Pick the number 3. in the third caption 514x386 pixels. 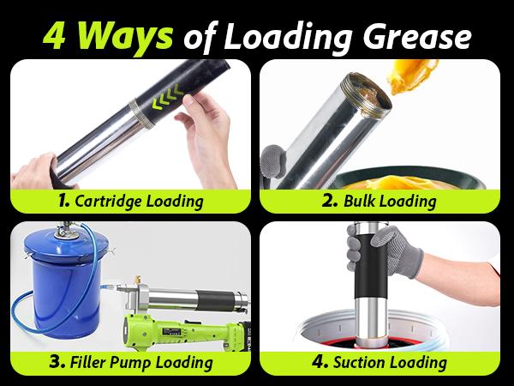coord(57,363)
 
